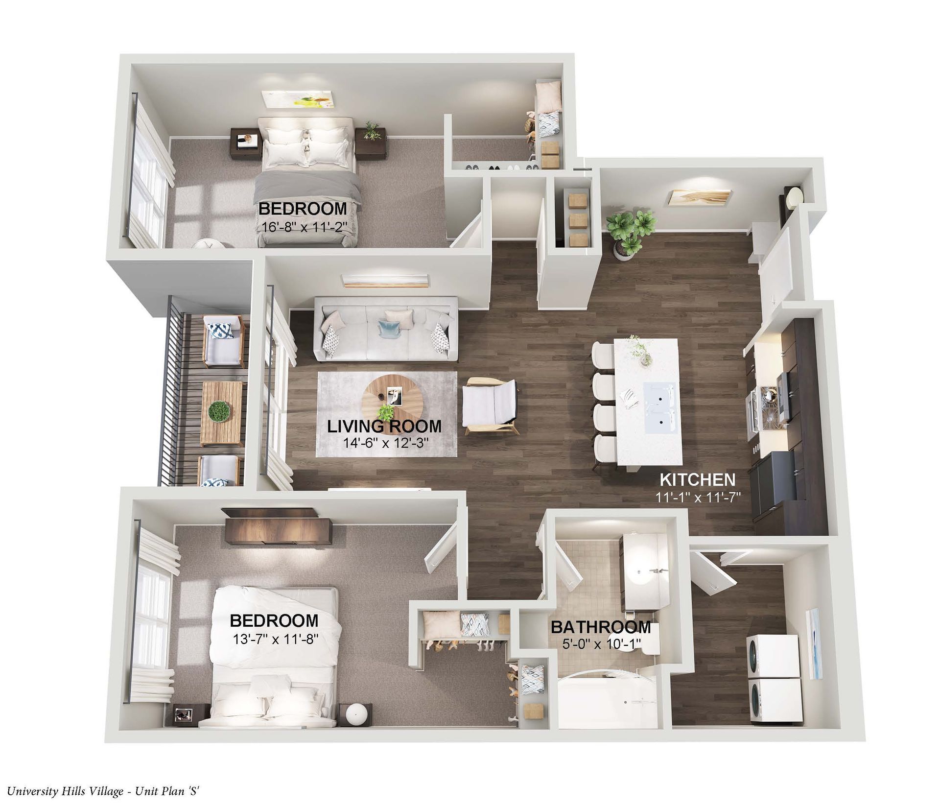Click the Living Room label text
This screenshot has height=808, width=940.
[x=384, y=426]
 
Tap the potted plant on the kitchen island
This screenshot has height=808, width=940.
[x=639, y=349]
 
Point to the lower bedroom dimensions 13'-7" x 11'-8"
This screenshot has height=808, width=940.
[x=274, y=639]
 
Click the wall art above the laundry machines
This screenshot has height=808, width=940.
[x=814, y=643]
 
